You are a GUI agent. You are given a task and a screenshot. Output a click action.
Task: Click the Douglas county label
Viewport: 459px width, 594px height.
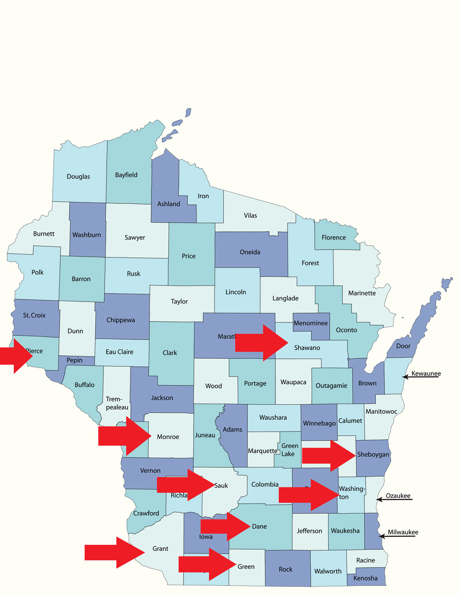(x=78, y=176)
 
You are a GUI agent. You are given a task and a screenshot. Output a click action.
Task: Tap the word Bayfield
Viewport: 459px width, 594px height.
(x=126, y=175)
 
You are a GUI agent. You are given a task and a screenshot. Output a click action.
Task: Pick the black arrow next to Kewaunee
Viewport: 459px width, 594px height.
(x=421, y=377)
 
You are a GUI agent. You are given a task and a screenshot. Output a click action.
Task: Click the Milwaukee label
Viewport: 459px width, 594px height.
(x=403, y=532)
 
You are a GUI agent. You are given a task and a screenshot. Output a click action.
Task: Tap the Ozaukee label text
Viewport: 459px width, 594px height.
(x=398, y=496)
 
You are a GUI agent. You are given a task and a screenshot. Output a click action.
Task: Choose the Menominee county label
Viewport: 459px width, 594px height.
(x=311, y=323)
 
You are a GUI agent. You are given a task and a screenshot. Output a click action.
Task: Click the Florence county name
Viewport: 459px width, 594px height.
(x=334, y=238)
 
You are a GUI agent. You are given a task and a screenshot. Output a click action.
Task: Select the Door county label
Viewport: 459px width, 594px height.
(x=403, y=346)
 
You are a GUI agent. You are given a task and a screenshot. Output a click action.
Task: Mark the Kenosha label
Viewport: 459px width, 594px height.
(x=365, y=578)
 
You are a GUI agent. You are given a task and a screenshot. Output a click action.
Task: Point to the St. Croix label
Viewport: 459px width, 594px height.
(x=34, y=315)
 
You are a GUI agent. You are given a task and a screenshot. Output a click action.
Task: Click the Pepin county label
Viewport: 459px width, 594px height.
(x=75, y=360)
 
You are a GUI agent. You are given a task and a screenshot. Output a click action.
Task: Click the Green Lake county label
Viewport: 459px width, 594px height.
(x=289, y=450)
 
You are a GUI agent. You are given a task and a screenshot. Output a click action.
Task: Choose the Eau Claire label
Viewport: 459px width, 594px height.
(x=119, y=352)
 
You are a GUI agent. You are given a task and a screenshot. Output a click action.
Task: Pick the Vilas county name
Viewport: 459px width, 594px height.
(x=251, y=215)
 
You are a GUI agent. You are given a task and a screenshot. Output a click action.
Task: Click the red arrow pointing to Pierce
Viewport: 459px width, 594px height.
(x=15, y=356)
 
